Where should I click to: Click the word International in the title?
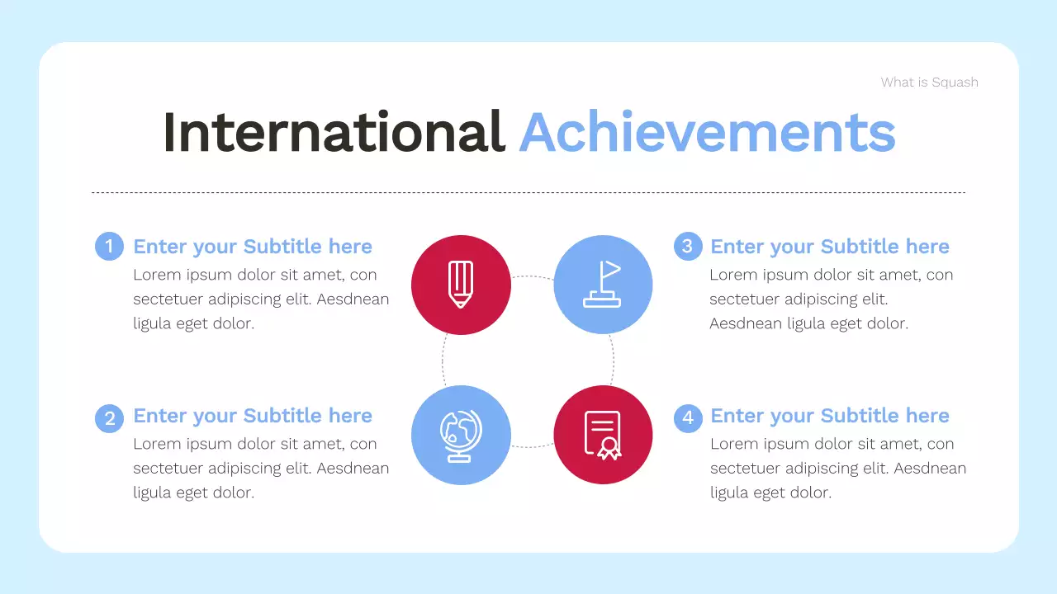[334, 132]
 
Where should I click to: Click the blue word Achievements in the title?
[707, 132]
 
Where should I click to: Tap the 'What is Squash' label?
[929, 82]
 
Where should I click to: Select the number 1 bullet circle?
[109, 247]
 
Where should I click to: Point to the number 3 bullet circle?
[687, 247]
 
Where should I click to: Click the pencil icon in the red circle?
[461, 285]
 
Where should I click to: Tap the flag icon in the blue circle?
[603, 285]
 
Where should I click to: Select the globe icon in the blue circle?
[461, 435]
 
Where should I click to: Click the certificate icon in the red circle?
[603, 435]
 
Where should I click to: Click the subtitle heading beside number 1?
[253, 247]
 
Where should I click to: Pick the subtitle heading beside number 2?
[253, 416]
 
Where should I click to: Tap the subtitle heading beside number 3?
[830, 247]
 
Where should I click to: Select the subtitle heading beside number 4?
[830, 416]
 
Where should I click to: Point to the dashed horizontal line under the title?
[528, 193]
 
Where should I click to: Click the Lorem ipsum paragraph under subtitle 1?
[260, 299]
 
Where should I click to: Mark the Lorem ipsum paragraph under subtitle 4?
[837, 469]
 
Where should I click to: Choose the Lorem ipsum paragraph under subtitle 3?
[831, 299]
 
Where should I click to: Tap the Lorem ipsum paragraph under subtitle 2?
[260, 469]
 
